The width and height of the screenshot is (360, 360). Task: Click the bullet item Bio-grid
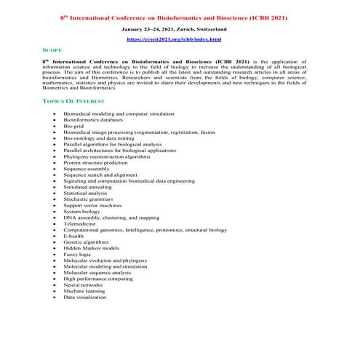click(x=75, y=127)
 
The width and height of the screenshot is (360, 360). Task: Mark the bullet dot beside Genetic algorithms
click(x=56, y=242)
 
